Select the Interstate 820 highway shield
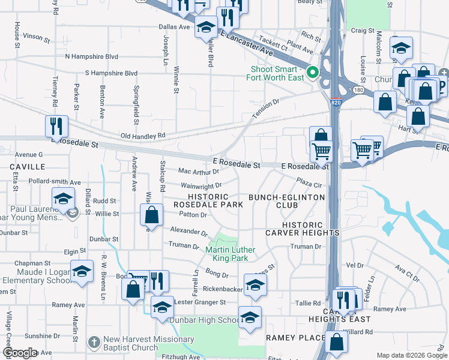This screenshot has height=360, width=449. point(336,103)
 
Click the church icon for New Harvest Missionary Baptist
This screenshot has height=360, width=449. point(93,342)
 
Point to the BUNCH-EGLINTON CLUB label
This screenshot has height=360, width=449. point(286,201)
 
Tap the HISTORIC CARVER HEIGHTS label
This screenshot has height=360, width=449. point(302,229)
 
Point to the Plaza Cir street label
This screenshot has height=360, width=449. point(310,182)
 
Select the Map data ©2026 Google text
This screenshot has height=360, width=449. point(412,355)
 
